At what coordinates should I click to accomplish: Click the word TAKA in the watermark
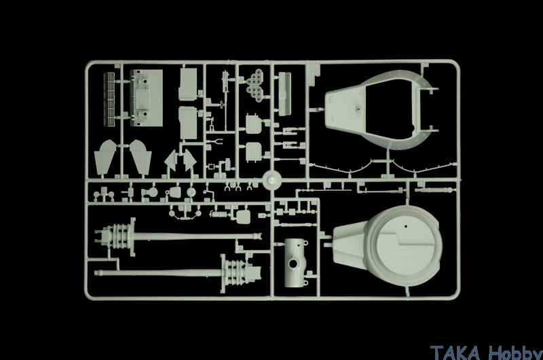coord(455,352)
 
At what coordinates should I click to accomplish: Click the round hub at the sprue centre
coord(271,181)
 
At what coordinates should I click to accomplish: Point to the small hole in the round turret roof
coord(406,227)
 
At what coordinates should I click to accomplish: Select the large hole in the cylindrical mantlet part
coord(294,265)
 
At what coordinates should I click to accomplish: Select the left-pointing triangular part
coord(171,160)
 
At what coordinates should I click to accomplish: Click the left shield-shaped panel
coord(105,158)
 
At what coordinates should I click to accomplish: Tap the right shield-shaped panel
coord(141,158)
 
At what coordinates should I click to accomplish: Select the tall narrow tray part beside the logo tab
coord(284,94)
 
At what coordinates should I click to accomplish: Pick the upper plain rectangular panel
coord(188,84)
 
